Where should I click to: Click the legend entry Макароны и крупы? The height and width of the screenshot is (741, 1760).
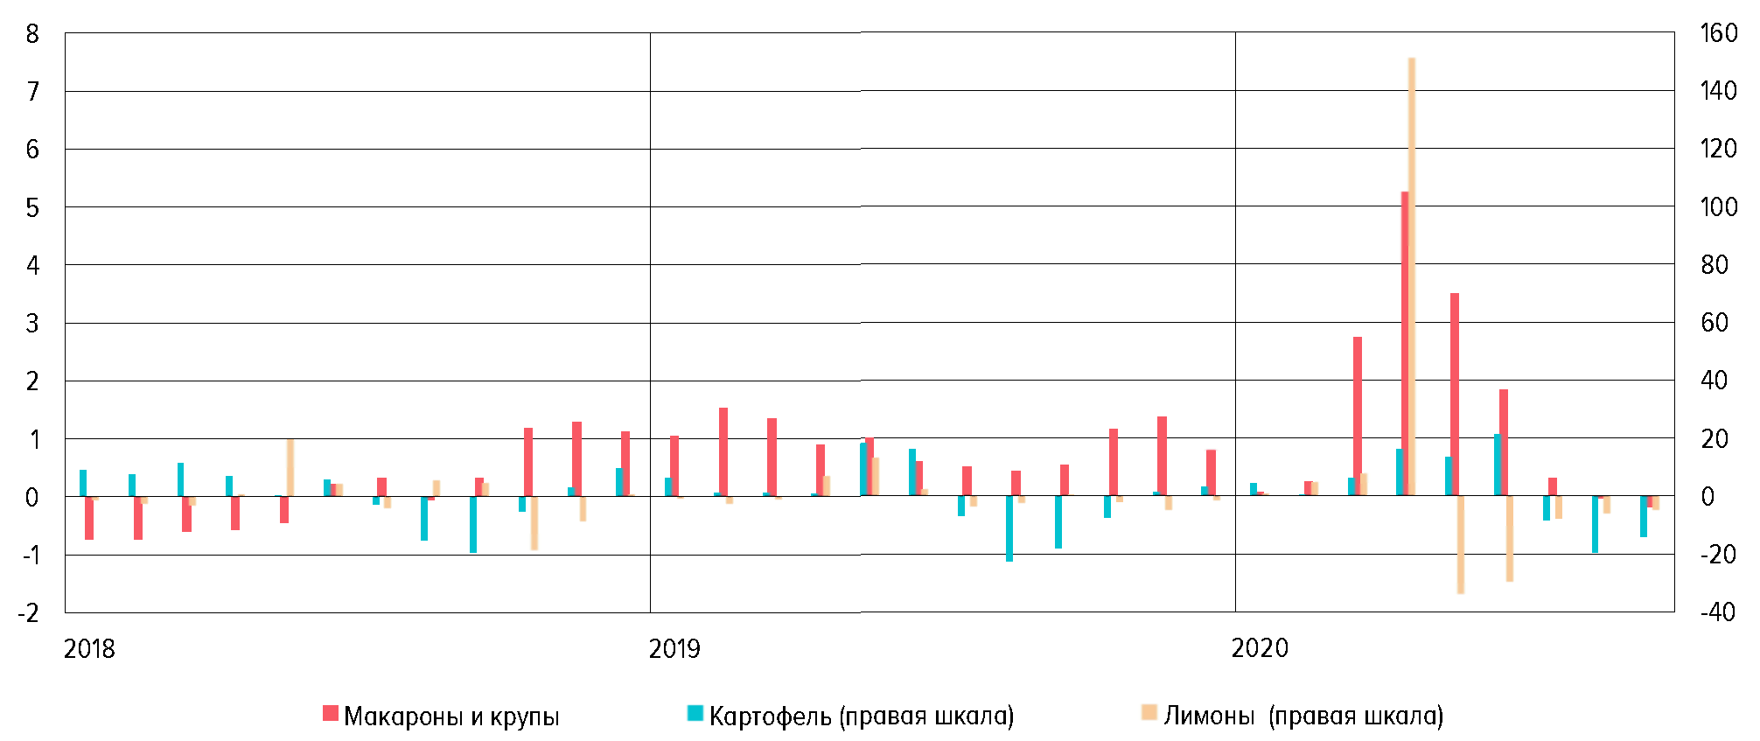pyautogui.click(x=450, y=717)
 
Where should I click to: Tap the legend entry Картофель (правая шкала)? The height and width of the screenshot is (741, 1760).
pyautogui.click(x=861, y=717)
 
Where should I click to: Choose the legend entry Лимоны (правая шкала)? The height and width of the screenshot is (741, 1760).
pyautogui.click(x=1303, y=717)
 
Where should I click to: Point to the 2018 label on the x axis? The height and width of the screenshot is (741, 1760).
pyautogui.click(x=89, y=649)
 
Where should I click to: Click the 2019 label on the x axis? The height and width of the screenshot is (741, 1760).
pyautogui.click(x=674, y=649)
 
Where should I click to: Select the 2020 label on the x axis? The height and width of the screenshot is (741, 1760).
pyautogui.click(x=1260, y=649)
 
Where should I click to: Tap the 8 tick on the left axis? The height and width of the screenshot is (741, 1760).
pyautogui.click(x=33, y=35)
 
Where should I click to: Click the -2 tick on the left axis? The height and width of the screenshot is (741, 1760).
pyautogui.click(x=29, y=612)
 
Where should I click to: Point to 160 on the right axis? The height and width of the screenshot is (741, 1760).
pyautogui.click(x=1718, y=33)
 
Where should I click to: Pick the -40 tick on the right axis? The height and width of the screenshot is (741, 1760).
pyautogui.click(x=1718, y=612)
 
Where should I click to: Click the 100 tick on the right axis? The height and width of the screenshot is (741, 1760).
pyautogui.click(x=1718, y=207)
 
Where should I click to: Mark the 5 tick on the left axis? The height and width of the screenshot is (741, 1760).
pyautogui.click(x=33, y=208)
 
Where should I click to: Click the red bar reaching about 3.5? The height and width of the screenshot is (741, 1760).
pyautogui.click(x=1455, y=394)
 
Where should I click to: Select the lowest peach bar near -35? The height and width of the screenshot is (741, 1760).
pyautogui.click(x=1461, y=544)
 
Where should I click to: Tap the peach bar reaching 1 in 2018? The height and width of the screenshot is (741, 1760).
pyautogui.click(x=290, y=467)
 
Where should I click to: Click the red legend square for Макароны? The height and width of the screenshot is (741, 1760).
pyautogui.click(x=331, y=713)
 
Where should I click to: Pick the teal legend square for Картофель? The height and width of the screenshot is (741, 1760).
pyautogui.click(x=695, y=713)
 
